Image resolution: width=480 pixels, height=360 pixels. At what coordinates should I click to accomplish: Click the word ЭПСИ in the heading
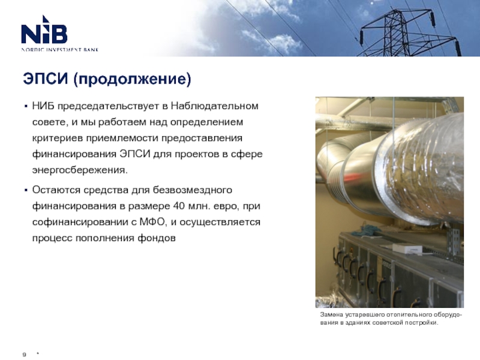tap(46, 79)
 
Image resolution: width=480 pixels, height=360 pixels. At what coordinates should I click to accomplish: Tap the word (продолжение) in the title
tap(132, 79)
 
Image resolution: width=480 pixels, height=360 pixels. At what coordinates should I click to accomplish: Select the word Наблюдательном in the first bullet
tap(215, 106)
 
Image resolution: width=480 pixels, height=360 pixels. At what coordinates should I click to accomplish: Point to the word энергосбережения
tap(80, 170)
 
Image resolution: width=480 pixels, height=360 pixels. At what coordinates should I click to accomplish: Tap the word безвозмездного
tap(192, 190)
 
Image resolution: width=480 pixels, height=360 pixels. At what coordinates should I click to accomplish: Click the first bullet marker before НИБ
tap(26, 107)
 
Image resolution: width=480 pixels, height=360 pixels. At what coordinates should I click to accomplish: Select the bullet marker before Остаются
tap(26, 190)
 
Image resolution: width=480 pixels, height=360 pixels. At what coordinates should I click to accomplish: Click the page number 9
tap(24, 355)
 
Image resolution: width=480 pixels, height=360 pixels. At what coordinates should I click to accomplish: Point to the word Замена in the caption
tap(332, 314)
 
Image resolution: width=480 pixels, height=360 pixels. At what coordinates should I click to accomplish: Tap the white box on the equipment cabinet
tap(407, 248)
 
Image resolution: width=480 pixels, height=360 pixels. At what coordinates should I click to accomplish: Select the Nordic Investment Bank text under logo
tap(59, 50)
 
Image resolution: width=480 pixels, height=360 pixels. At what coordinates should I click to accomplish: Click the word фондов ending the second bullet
tap(157, 238)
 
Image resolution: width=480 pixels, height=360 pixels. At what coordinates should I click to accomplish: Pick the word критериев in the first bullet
tap(58, 138)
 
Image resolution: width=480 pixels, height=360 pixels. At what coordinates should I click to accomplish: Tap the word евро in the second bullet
tap(226, 206)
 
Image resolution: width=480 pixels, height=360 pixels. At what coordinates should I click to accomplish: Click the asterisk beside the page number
tap(38, 354)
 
